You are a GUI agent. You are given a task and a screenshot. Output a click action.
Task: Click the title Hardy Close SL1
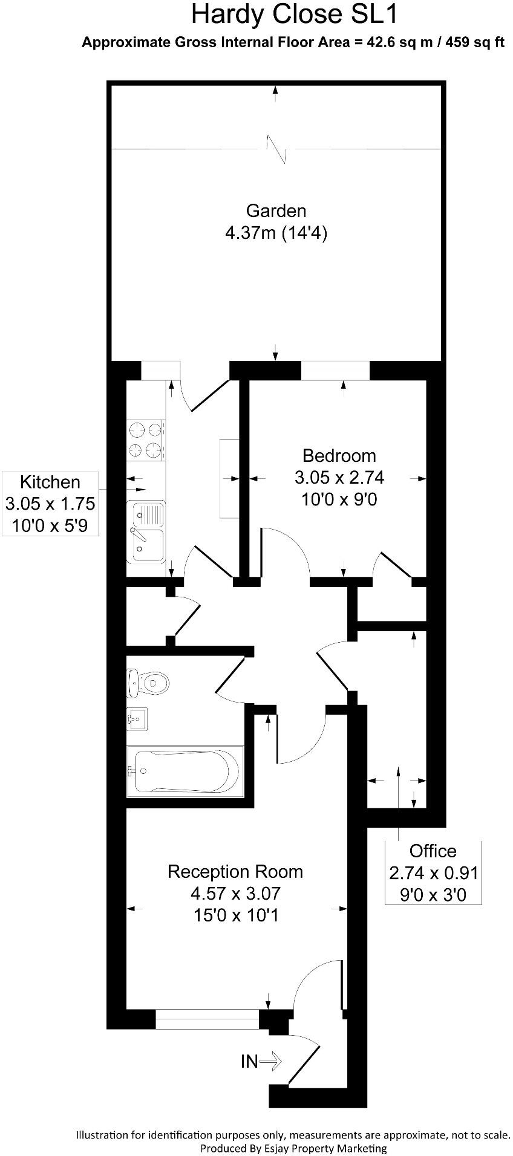coord(295,15)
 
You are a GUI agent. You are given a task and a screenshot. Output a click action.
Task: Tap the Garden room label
coord(276,210)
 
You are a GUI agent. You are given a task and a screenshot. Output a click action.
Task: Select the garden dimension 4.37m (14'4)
coord(276,233)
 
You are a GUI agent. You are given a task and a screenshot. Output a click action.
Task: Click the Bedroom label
coord(339,455)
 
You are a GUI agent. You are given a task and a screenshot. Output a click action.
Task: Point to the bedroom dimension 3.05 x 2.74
coord(339,478)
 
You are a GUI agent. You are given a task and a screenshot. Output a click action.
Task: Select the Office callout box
coord(433,872)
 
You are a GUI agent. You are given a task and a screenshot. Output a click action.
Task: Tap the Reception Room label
coord(235,871)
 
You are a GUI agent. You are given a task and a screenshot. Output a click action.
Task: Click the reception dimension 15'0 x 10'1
coord(235,915)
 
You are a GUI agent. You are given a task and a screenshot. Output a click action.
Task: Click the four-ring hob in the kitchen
coord(146,440)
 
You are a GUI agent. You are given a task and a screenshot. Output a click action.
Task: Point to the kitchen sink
coord(146,531)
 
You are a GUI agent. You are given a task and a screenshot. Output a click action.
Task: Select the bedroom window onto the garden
coord(335,371)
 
